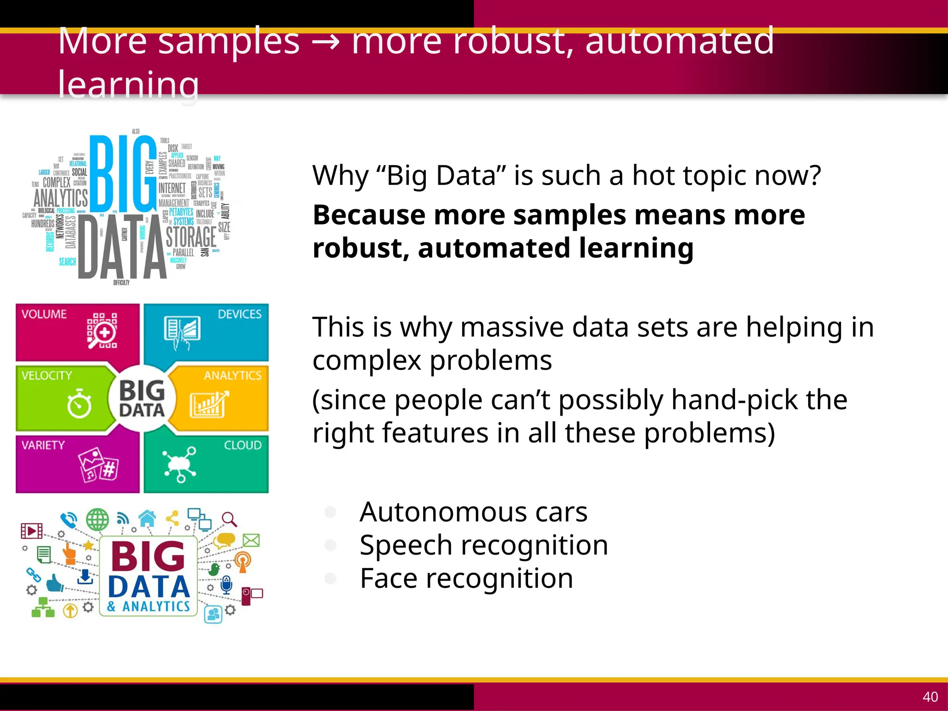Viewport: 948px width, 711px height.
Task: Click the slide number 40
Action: point(930,697)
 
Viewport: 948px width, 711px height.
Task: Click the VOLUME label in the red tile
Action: point(44,314)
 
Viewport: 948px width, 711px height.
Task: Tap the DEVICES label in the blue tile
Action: point(239,314)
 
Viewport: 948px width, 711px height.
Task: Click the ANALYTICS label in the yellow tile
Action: point(232,375)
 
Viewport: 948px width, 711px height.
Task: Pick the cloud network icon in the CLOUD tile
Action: point(180,464)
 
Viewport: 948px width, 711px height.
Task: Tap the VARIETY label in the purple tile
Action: point(43,445)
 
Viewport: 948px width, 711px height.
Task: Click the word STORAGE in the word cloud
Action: point(191,237)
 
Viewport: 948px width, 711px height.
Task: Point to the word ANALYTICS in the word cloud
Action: point(61,198)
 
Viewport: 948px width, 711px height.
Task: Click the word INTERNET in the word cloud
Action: point(172,188)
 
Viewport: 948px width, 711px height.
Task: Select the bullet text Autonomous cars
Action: point(473,512)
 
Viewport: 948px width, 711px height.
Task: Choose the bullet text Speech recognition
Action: point(483,545)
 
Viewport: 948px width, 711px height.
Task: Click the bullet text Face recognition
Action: point(466,578)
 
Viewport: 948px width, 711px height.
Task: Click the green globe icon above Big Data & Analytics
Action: point(97,519)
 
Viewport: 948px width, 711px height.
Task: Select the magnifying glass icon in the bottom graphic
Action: point(229,519)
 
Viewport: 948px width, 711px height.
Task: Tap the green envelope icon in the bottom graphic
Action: point(251,540)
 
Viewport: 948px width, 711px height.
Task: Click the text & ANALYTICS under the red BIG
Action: point(149,606)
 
